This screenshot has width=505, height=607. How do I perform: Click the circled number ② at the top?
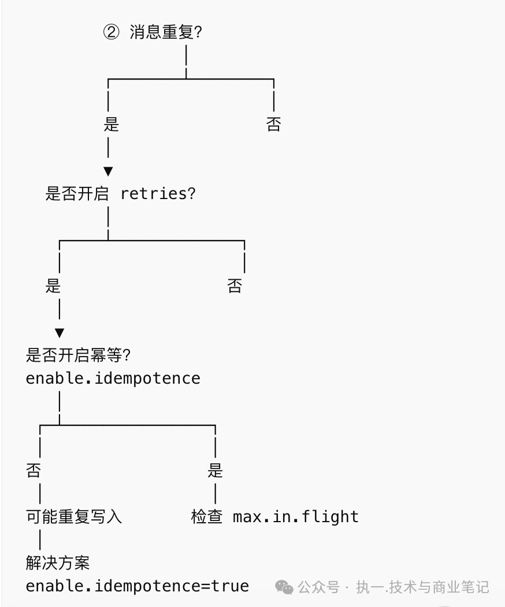(111, 32)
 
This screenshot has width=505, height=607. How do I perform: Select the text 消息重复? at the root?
(166, 32)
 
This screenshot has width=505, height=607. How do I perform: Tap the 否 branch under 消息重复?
(273, 125)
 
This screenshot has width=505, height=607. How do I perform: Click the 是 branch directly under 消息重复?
(111, 125)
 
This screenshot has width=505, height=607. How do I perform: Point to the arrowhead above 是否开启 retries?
(108, 172)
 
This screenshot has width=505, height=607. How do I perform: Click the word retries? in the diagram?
(158, 194)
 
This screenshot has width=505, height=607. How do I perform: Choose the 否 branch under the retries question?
(235, 286)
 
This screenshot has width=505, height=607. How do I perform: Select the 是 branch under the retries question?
(53, 286)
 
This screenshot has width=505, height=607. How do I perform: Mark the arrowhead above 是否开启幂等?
(60, 334)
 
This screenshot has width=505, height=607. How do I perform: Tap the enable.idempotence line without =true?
(113, 379)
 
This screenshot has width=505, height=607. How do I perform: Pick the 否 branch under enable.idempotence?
(34, 471)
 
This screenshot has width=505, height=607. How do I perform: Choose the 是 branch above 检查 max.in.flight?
(215, 471)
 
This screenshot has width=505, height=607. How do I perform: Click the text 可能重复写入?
(74, 517)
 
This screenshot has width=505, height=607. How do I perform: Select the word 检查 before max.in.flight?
(207, 517)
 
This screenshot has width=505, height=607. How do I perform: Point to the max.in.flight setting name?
(295, 517)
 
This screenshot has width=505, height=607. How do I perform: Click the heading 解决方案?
(58, 563)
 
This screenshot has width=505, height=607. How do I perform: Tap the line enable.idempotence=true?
(138, 586)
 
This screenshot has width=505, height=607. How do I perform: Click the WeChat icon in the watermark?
(284, 587)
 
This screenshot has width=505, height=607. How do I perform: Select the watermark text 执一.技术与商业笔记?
(422, 587)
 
